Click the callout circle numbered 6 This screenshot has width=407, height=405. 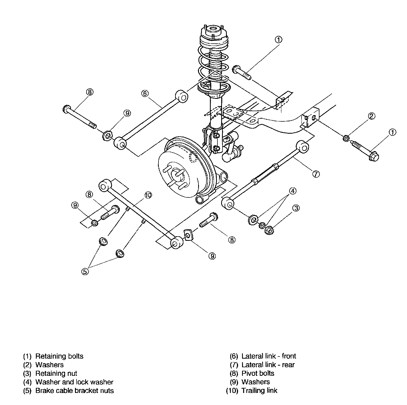pos(144,93)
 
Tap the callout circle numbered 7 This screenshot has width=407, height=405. pos(316,174)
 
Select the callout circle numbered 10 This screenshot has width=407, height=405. pos(148,195)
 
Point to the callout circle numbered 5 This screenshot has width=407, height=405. pos(85,271)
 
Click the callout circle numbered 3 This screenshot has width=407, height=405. pos(296,208)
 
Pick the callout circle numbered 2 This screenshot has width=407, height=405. pos(371,116)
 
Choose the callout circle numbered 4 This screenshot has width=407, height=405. pos(293,191)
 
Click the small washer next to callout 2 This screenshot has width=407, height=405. pos(346,138)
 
